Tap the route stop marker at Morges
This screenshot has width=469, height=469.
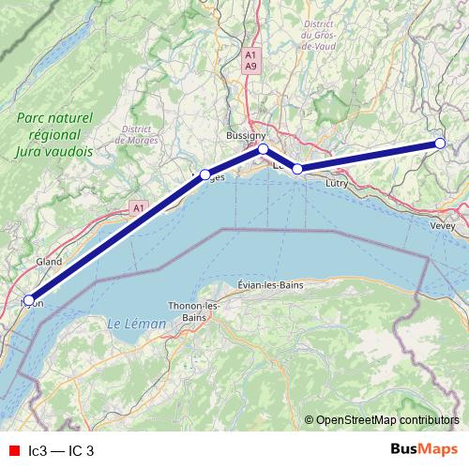click(x=205, y=174)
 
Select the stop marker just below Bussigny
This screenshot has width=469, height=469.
click(x=264, y=149)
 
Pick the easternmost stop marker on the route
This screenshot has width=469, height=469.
click(x=439, y=144)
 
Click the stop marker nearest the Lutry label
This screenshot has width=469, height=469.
click(x=298, y=169)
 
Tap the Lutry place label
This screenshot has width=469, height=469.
click(x=336, y=184)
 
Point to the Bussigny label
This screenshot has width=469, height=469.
click(x=246, y=136)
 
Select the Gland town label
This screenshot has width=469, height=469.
click(x=49, y=262)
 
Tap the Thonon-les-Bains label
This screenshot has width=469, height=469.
click(x=193, y=311)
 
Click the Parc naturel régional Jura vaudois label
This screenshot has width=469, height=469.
click(x=54, y=133)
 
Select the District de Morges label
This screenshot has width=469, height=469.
click(x=136, y=134)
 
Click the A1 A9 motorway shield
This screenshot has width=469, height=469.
click(x=250, y=61)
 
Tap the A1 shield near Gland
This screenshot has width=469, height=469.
click(x=139, y=207)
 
